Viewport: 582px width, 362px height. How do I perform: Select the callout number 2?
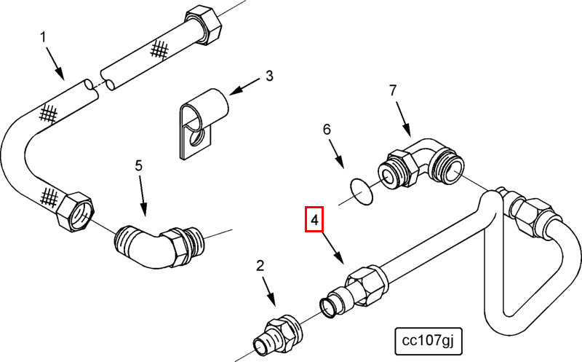point(260,265)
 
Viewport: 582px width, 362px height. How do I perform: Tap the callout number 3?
point(269,76)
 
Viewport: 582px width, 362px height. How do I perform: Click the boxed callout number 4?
point(314,220)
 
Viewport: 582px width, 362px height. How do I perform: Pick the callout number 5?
point(139,165)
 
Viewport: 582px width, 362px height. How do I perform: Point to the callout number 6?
point(327,130)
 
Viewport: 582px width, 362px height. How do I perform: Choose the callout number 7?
point(393,90)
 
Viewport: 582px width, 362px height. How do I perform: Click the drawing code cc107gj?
point(428,339)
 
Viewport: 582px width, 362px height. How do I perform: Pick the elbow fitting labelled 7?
point(421,164)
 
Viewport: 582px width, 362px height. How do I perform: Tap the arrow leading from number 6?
point(338,155)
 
